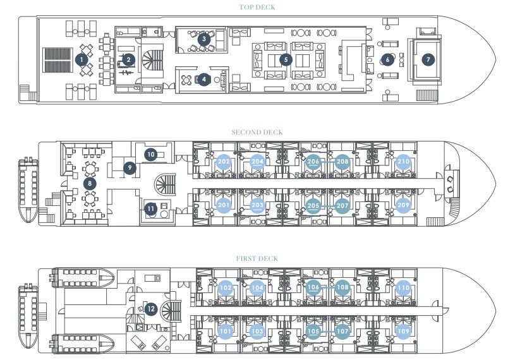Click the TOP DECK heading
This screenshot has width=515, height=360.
tap(257, 8)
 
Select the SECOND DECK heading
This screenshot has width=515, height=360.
tap(257, 132)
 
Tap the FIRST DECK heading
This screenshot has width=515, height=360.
tap(257, 258)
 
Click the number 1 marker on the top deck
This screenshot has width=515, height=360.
tap(81, 60)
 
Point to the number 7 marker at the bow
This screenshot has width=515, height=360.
tap(428, 59)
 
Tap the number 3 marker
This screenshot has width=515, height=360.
tap(203, 39)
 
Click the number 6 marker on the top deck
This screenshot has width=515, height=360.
tap(387, 59)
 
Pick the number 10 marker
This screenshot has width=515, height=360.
tap(150, 154)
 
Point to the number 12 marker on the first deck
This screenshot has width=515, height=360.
tap(150, 309)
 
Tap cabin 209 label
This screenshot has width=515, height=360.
tap(403, 205)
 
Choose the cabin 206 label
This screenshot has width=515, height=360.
tap(313, 162)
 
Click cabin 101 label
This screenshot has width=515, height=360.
tap(225, 331)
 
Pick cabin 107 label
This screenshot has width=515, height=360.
tap(342, 331)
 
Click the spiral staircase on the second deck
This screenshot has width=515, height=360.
tap(167, 184)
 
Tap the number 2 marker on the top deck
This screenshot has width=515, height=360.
tap(128, 60)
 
